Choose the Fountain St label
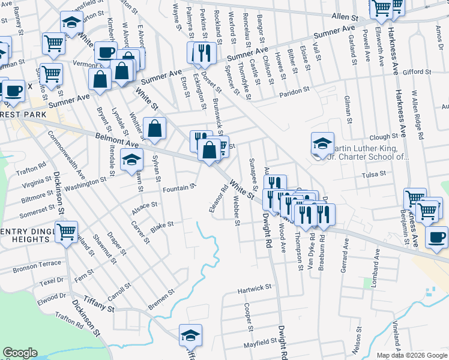179,188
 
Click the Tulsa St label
376,175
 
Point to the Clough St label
384,137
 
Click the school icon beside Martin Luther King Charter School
322,143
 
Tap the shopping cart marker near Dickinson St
67,231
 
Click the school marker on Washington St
131,160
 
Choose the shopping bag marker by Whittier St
155,128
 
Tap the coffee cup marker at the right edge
436,236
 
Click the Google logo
20,353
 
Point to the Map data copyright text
412,355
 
